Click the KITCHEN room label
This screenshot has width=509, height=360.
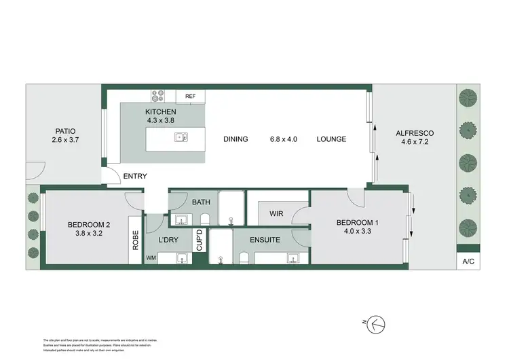click(x=161, y=112)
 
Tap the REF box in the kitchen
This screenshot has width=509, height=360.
click(x=191, y=97)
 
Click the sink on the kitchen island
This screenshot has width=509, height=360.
click(x=181, y=137)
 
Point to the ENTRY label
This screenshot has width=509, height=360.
click(x=135, y=177)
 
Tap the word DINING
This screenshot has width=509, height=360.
click(x=235, y=139)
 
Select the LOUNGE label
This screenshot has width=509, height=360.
click(x=331, y=139)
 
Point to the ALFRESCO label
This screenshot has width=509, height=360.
click(x=415, y=133)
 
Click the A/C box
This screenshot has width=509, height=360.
click(x=468, y=261)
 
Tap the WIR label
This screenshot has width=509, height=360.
click(x=276, y=213)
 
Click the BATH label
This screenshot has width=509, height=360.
click(x=202, y=202)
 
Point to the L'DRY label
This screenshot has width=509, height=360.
click(x=168, y=241)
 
